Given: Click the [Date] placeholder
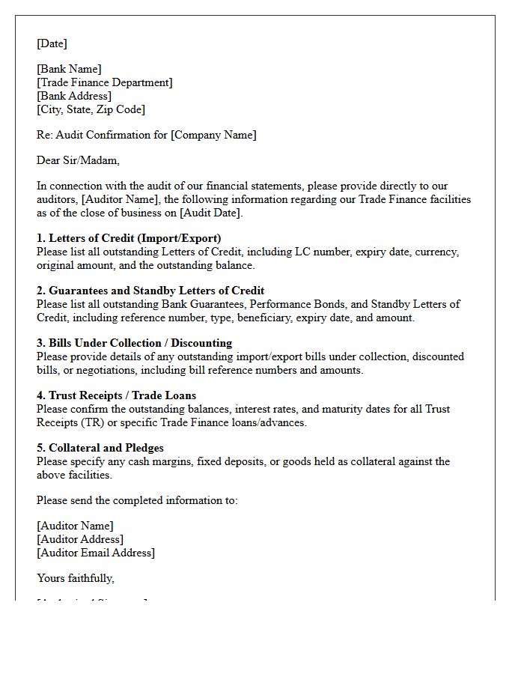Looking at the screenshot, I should coord(52,43).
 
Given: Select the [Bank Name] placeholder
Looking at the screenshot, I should coord(69,70).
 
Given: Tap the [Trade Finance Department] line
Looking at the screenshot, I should coord(104,83).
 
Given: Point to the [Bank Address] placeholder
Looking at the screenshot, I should coord(73,97).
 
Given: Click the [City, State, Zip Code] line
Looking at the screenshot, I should coord(91,110).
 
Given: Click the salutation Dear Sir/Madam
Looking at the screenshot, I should coord(78,160).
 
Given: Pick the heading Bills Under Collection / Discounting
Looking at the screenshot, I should coord(143,344).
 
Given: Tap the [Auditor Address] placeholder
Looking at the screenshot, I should coord(80,540).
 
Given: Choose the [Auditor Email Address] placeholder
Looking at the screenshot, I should coord(96,553).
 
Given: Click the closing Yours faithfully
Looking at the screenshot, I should coord(76,579).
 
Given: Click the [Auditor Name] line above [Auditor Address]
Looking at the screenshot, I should coord(75,526).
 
